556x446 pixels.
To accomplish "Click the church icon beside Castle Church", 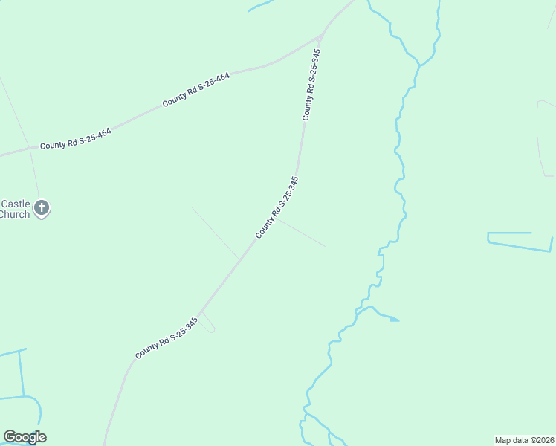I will (42, 208).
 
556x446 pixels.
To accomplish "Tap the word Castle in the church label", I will (16, 204).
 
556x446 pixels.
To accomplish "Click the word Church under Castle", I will (15, 215).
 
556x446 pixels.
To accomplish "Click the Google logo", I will (25, 437).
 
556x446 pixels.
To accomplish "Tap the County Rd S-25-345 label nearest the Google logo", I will (167, 338).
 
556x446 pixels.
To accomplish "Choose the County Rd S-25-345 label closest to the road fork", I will (311, 85).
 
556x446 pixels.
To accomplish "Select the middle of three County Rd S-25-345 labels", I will (277, 207).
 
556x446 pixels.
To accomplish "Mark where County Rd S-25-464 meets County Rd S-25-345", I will (320, 36).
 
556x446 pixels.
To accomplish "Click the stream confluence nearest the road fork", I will (420, 65).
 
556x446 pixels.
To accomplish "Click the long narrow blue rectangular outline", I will (520, 241).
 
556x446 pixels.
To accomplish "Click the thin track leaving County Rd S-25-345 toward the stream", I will (301, 233).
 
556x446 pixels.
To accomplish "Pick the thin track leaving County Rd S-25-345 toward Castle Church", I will (216, 233).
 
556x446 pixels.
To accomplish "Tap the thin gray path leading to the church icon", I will (35, 175).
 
